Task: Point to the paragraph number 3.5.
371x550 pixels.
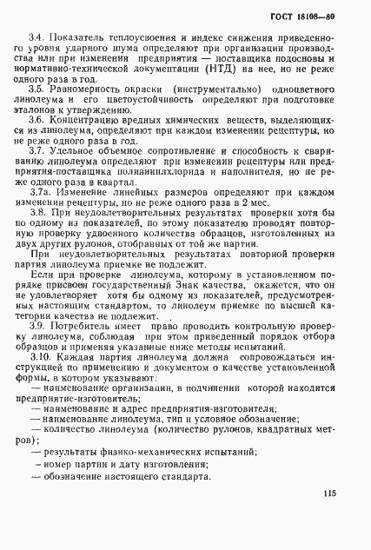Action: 36,89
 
